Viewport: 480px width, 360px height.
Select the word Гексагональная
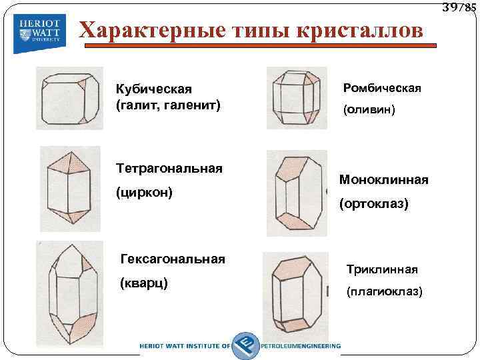click(172, 259)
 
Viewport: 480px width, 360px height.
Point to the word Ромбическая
click(382, 88)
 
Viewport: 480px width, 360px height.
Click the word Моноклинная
click(383, 180)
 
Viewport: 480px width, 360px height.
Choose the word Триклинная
click(381, 269)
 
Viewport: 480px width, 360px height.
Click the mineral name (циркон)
click(144, 193)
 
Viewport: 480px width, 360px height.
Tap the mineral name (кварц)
click(143, 283)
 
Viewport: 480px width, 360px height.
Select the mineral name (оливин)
click(369, 111)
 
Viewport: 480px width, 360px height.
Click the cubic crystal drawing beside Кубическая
click(69, 97)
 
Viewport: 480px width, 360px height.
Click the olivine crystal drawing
click(297, 97)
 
